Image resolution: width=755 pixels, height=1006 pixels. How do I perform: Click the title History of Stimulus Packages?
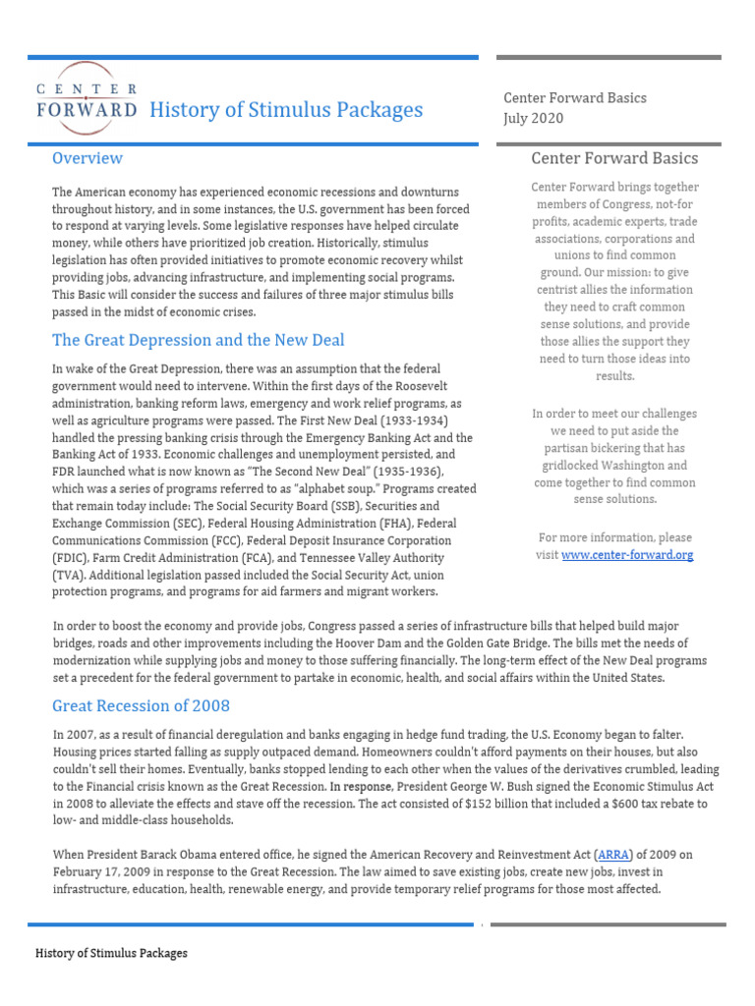[286, 109]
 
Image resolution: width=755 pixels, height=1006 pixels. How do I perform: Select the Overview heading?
[87, 158]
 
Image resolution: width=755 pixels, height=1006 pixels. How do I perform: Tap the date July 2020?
[533, 118]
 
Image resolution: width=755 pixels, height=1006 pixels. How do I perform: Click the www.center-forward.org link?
[627, 555]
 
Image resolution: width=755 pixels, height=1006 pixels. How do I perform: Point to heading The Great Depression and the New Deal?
[199, 340]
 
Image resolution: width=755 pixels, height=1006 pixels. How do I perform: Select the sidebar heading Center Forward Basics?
[614, 158]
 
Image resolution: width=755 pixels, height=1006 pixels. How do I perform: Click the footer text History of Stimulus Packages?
[111, 953]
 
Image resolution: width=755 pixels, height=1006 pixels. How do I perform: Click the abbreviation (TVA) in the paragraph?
[72, 575]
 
